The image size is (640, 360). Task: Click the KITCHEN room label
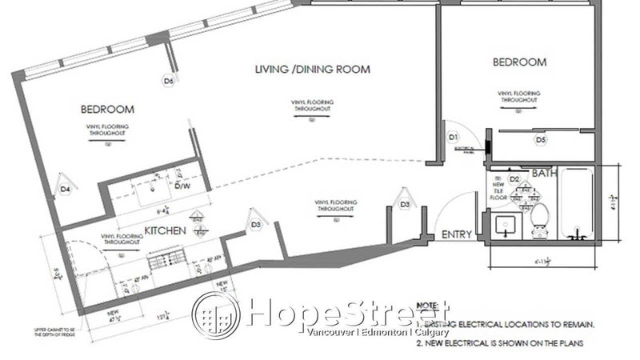(166, 231)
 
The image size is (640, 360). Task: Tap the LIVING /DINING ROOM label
(312, 70)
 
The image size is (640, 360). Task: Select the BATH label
(544, 172)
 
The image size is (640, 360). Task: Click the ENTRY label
(458, 235)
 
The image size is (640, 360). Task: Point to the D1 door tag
(453, 138)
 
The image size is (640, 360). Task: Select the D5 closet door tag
(541, 140)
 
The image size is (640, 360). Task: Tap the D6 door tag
(168, 80)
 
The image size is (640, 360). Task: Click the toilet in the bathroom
(538, 218)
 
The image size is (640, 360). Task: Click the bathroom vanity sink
(506, 226)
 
